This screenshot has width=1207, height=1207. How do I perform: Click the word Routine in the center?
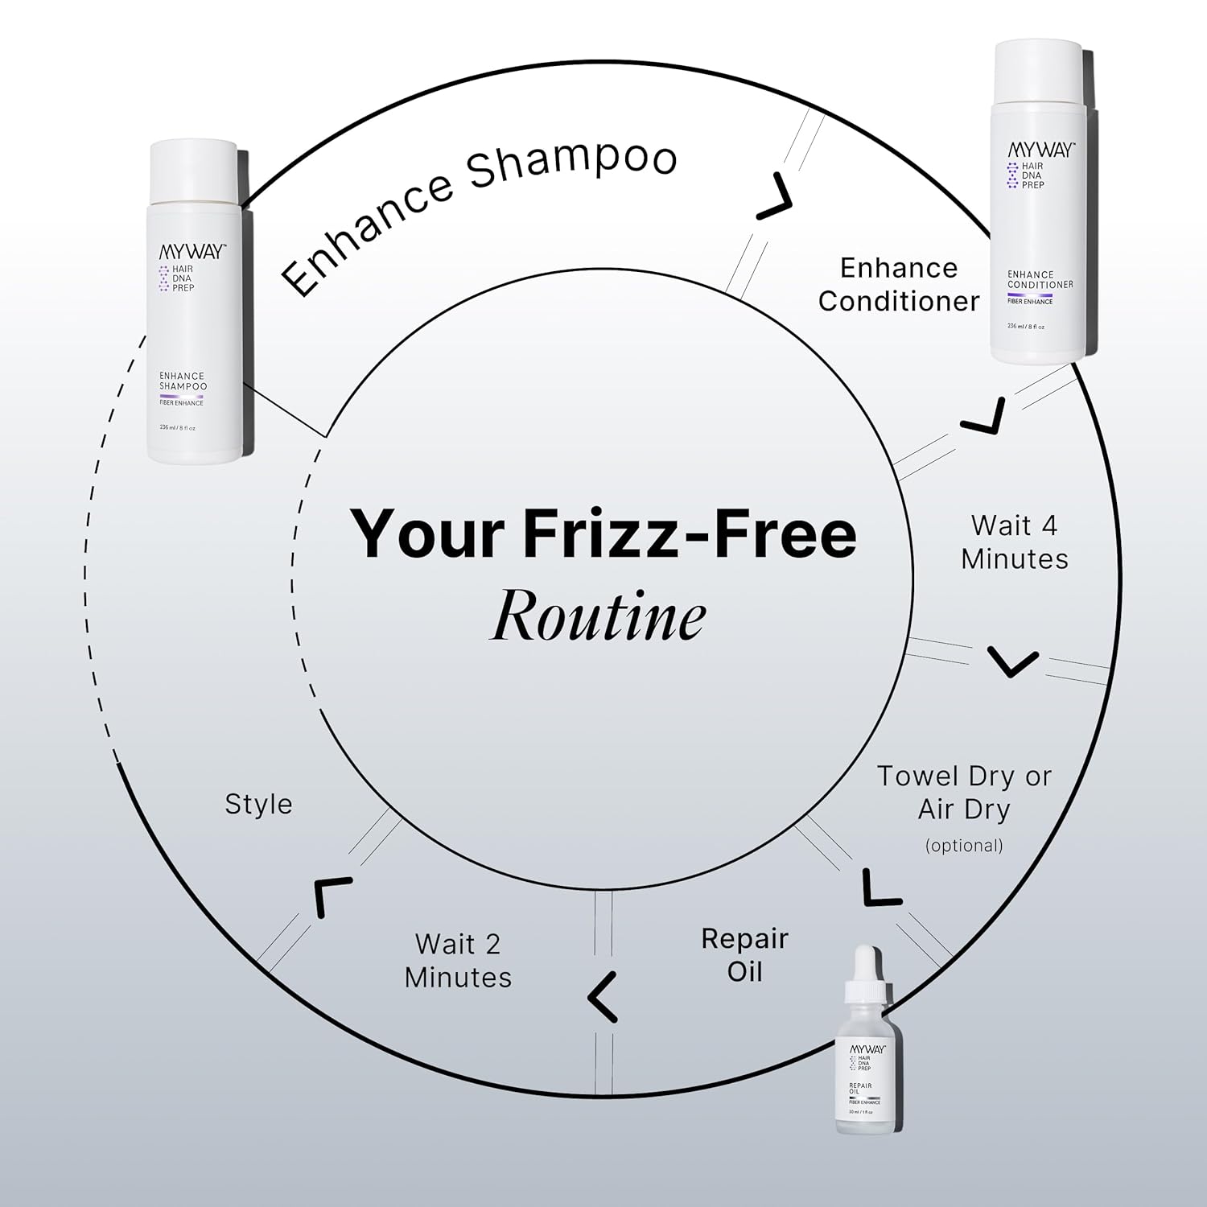tap(599, 617)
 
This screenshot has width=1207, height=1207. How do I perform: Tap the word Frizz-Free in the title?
tap(690, 533)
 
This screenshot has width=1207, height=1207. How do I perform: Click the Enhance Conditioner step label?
tap(899, 284)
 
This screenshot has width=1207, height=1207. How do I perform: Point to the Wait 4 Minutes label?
tap(1014, 542)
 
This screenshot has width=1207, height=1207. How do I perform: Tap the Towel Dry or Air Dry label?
tap(964, 793)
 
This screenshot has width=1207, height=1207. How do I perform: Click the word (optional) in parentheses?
tap(964, 846)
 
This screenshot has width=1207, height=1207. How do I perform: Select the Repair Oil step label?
tap(744, 955)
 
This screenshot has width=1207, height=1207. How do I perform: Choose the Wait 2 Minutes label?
tap(458, 961)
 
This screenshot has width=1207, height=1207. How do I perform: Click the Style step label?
tap(258, 804)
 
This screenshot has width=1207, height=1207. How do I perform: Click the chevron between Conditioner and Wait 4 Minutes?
tap(986, 418)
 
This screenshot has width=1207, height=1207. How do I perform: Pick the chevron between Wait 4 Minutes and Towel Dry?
tap(1012, 661)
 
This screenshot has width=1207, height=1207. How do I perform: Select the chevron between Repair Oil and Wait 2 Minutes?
tap(602, 997)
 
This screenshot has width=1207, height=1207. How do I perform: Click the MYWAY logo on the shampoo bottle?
tap(192, 251)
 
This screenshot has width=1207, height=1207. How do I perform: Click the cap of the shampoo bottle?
tap(194, 173)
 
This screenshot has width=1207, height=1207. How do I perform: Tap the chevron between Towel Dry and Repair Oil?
tap(880, 889)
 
